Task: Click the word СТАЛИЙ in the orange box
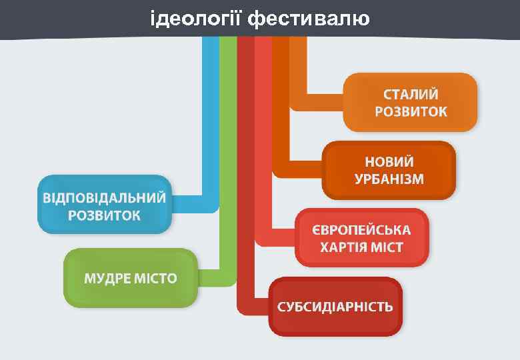[x=411, y=94]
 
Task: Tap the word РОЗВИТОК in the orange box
[x=411, y=111]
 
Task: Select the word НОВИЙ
[x=389, y=162]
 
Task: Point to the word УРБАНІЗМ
[x=389, y=179]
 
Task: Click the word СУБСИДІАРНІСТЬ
[x=335, y=307]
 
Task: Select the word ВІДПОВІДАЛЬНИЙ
[x=105, y=198]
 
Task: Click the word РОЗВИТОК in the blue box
[x=105, y=215]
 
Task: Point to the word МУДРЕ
[x=106, y=278]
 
